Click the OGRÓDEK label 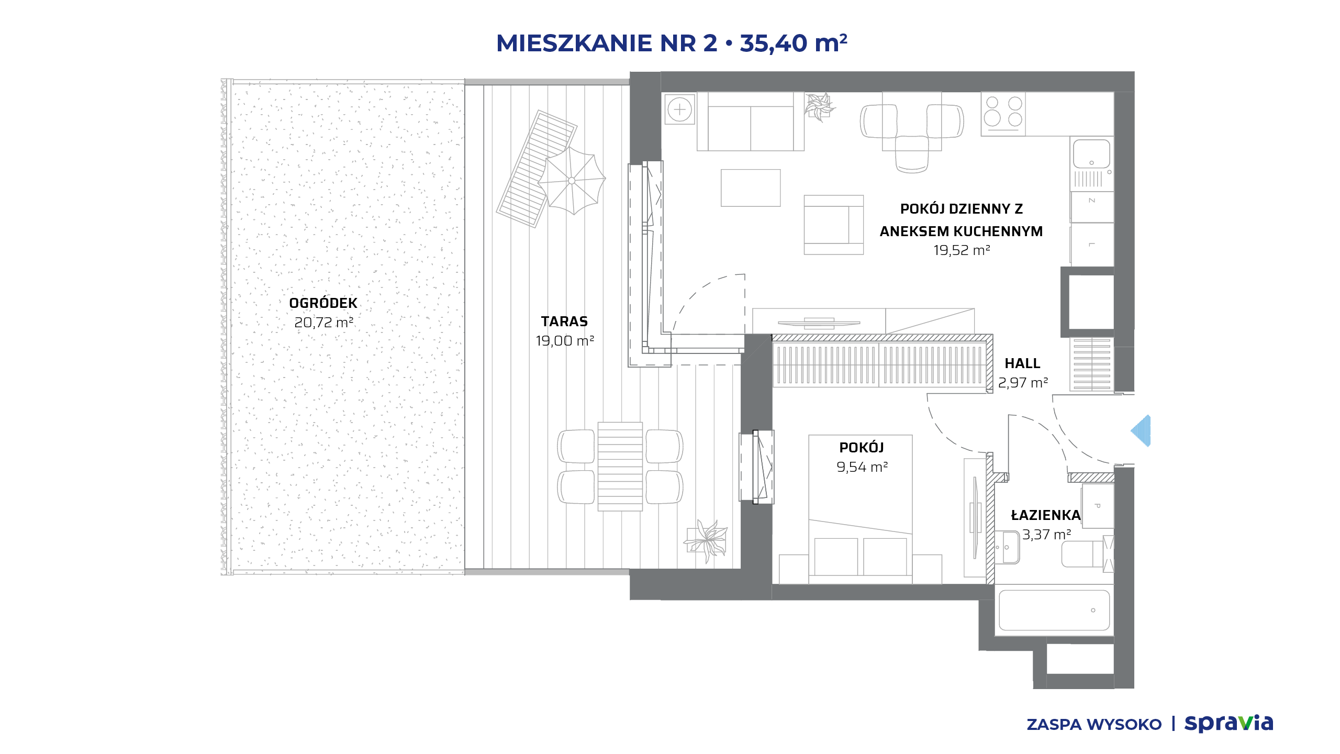pyautogui.click(x=323, y=303)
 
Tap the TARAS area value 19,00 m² pyautogui.click(x=565, y=341)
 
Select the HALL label pyautogui.click(x=1022, y=363)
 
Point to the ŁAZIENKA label pyautogui.click(x=1045, y=515)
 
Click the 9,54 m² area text pyautogui.click(x=862, y=467)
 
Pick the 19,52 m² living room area pyautogui.click(x=962, y=250)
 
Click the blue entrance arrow pyautogui.click(x=1141, y=431)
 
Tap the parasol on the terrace pyautogui.click(x=572, y=181)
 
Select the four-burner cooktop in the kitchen pyautogui.click(x=1003, y=114)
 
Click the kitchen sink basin pyautogui.click(x=1091, y=153)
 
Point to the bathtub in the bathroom pyautogui.click(x=1054, y=610)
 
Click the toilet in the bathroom pyautogui.click(x=1086, y=553)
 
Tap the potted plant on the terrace pyautogui.click(x=706, y=541)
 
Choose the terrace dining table pyautogui.click(x=620, y=467)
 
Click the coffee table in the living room pyautogui.click(x=751, y=187)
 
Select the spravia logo pyautogui.click(x=1229, y=723)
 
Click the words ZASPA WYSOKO pyautogui.click(x=1094, y=725)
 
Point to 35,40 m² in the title pyautogui.click(x=794, y=43)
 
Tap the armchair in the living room pyautogui.click(x=834, y=225)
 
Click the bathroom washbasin pyautogui.click(x=1007, y=547)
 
